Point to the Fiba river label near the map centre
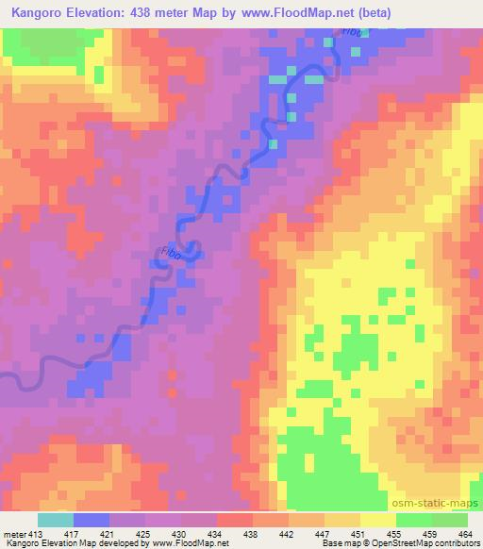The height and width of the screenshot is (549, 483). pos(171,253)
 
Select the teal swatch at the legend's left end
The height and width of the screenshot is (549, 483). pos(56,520)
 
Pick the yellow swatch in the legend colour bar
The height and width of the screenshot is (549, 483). pos(377,520)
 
